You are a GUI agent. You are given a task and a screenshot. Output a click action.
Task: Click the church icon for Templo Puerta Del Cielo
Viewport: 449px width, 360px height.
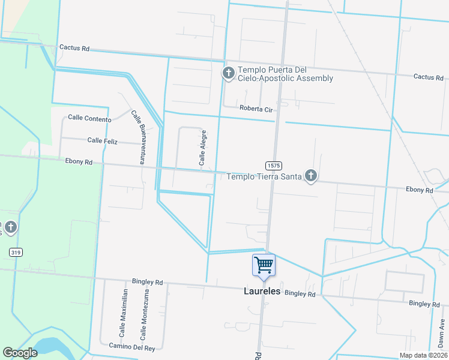pyautogui.click(x=228, y=73)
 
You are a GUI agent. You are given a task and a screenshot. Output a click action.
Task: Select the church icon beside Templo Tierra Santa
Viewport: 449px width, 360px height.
pyautogui.click(x=310, y=175)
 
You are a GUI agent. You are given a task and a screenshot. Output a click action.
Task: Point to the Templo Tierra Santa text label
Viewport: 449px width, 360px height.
pyautogui.click(x=264, y=176)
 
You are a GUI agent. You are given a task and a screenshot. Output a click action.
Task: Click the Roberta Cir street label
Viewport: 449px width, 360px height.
pyautogui.click(x=256, y=109)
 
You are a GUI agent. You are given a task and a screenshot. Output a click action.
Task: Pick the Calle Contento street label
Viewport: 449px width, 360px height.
pyautogui.click(x=89, y=119)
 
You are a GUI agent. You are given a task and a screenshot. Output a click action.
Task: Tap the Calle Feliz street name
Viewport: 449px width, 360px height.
pyautogui.click(x=104, y=140)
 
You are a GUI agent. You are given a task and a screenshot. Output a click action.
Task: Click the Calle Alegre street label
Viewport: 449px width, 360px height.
pyautogui.click(x=203, y=148)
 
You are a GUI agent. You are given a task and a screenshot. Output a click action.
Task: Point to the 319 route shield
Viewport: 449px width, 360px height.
pyautogui.click(x=16, y=252)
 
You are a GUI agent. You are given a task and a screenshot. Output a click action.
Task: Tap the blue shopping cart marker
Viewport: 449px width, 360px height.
pyautogui.click(x=264, y=265)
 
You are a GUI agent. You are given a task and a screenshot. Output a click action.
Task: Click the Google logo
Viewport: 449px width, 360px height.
pyautogui.click(x=20, y=353)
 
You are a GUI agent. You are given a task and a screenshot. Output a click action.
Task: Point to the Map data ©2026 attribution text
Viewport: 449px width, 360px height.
pyautogui.click(x=423, y=355)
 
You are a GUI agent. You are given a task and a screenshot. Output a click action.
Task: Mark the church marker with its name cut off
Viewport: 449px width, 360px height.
pyautogui.click(x=11, y=227)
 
